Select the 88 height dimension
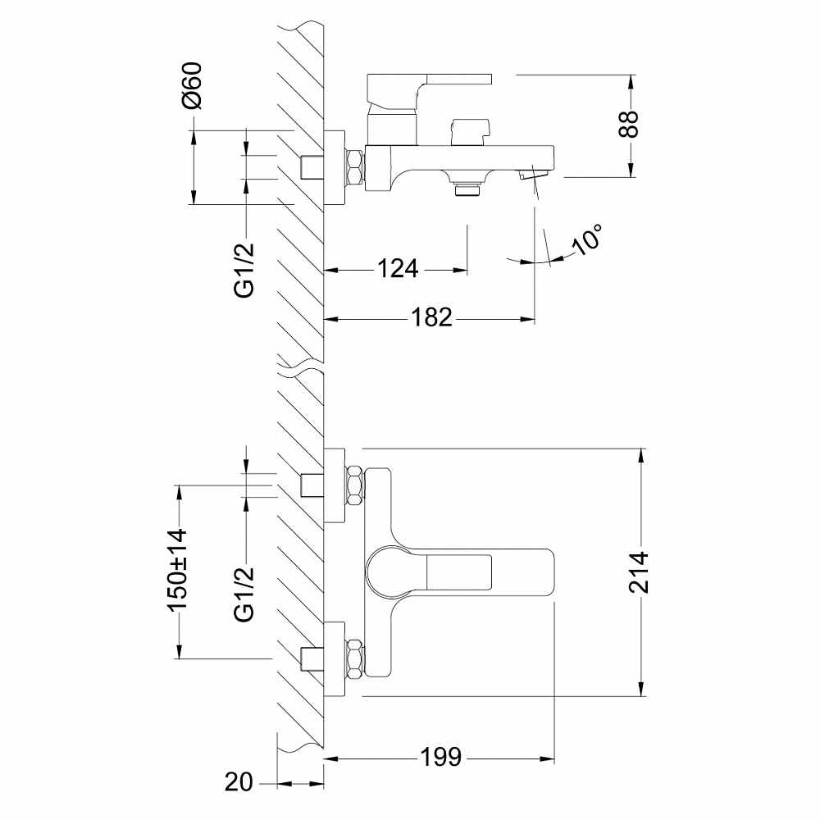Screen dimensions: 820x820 [x=629, y=125]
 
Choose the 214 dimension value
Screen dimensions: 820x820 [x=640, y=572]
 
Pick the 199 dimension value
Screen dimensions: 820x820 [x=442, y=756]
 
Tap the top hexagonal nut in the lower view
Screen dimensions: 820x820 [x=355, y=485]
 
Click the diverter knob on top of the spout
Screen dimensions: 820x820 [x=468, y=130]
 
